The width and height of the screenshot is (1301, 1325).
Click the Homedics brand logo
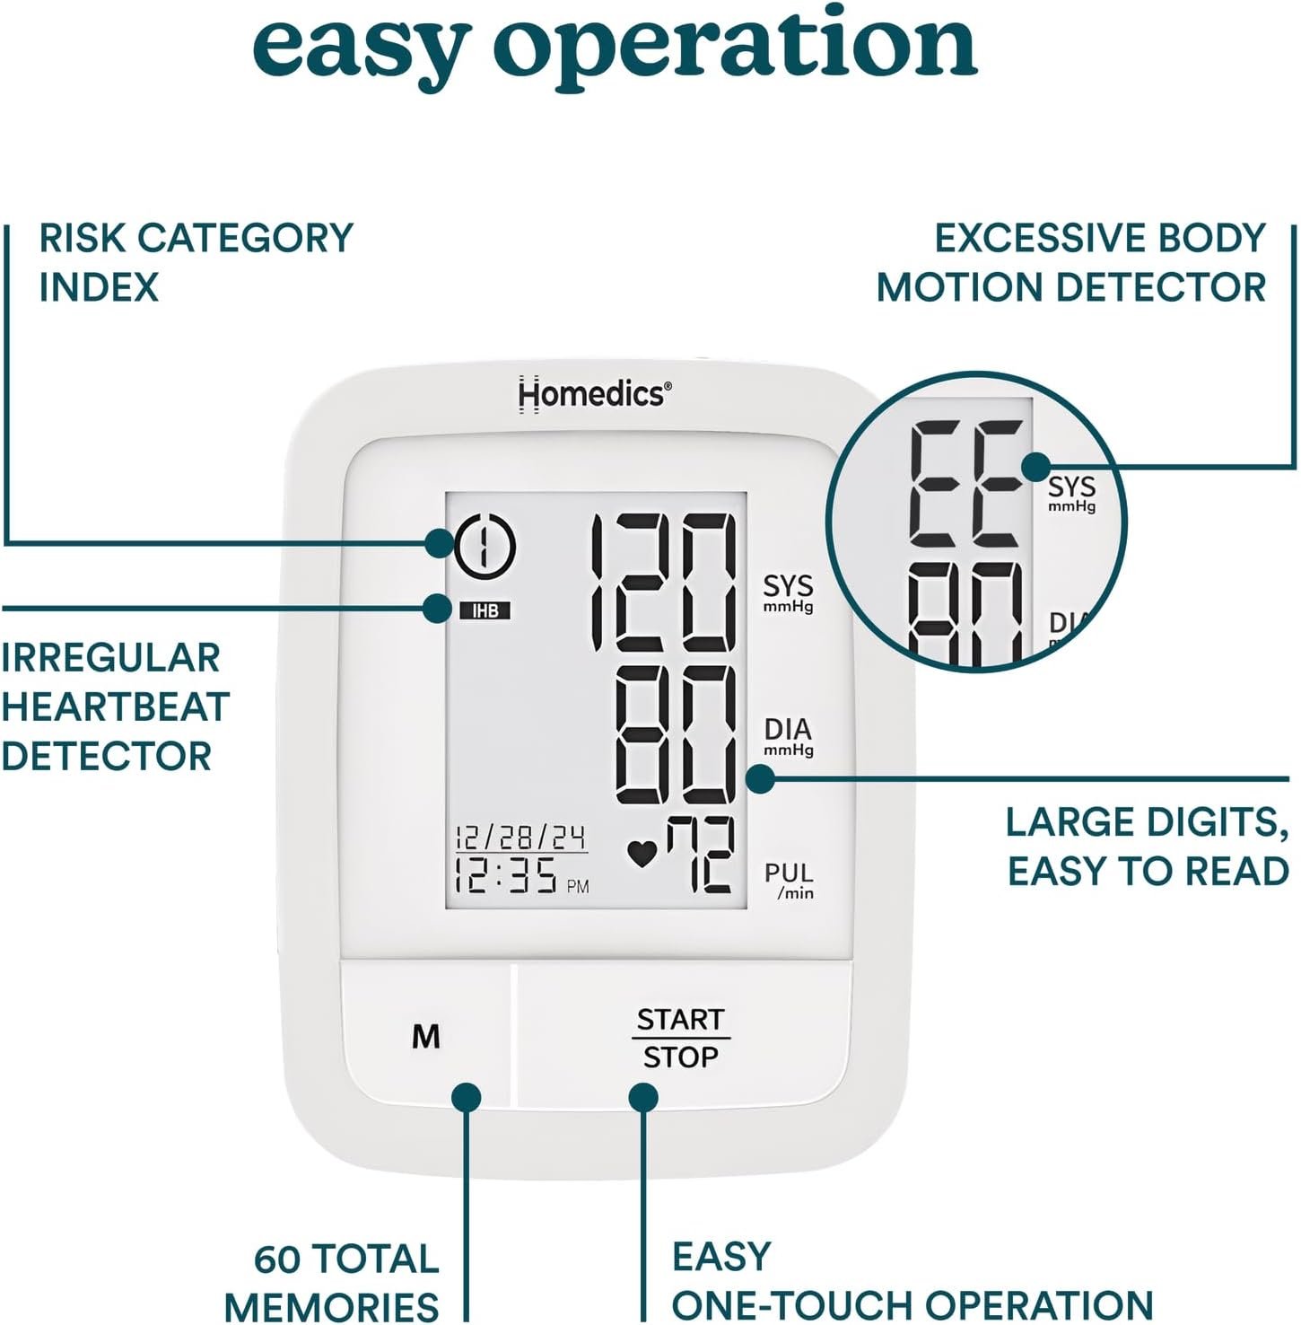(594, 393)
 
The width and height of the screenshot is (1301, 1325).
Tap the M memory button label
(425, 1037)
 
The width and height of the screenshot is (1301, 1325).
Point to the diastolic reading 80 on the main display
(676, 735)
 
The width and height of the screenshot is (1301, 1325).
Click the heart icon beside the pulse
(642, 853)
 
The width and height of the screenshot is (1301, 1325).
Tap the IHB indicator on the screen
(485, 610)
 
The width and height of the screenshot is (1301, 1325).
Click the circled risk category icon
(485, 545)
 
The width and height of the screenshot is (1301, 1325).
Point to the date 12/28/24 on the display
(520, 838)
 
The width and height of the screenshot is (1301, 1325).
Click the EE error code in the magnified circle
(965, 484)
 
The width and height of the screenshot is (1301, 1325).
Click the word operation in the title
(735, 45)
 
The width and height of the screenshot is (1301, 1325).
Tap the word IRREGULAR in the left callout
(110, 658)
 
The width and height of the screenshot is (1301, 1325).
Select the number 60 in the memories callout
(277, 1259)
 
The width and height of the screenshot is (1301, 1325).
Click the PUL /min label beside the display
(789, 880)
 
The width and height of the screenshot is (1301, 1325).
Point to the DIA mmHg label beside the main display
(788, 736)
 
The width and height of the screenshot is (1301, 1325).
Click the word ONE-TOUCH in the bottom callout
(790, 1304)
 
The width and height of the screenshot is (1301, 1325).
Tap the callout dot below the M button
(466, 1097)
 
